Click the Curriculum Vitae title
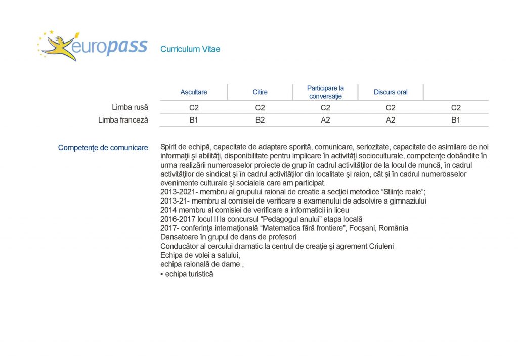pyautogui.click(x=190, y=49)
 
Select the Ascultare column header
pyautogui.click(x=194, y=92)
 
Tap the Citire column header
pyautogui.click(x=260, y=92)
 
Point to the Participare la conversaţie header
pyautogui.click(x=325, y=92)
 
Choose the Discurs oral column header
pyautogui.click(x=391, y=92)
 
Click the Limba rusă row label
pyautogui.click(x=130, y=107)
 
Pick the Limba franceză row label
pyautogui.click(x=123, y=120)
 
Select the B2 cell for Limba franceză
pyautogui.click(x=260, y=120)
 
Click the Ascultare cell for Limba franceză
pyautogui.click(x=194, y=120)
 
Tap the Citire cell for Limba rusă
pyautogui.click(x=260, y=107)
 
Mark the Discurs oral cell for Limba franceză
pyautogui.click(x=391, y=120)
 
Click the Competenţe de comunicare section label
pyautogui.click(x=103, y=148)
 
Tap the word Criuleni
pyautogui.click(x=379, y=247)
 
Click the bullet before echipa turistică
pyautogui.click(x=161, y=274)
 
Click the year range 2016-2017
pyautogui.click(x=176, y=219)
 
